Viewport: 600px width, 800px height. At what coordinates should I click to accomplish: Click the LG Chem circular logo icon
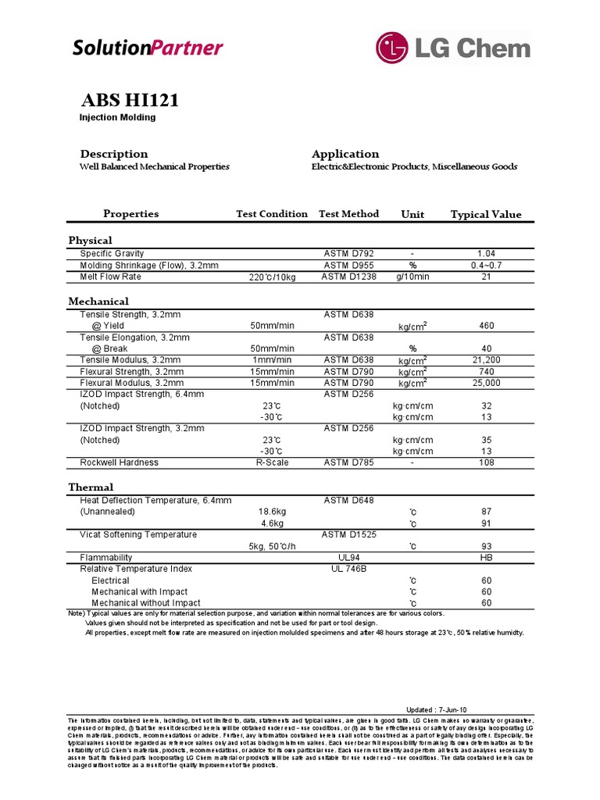point(394,47)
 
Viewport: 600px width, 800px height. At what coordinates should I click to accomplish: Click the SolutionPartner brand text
point(148,48)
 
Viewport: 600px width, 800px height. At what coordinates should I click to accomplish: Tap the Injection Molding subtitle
point(117,117)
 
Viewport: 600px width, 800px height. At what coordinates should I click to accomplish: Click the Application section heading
point(345,154)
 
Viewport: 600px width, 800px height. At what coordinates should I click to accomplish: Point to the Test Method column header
point(348,214)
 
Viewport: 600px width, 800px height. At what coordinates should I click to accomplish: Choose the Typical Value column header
point(486,214)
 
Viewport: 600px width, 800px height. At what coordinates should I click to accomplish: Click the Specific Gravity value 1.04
point(486,254)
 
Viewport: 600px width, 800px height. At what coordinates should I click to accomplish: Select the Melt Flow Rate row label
point(110,276)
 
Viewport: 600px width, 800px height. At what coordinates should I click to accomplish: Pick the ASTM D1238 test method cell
point(348,277)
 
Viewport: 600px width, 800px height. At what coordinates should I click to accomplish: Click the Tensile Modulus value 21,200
point(486,359)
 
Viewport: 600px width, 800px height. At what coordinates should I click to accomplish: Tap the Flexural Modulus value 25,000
point(486,383)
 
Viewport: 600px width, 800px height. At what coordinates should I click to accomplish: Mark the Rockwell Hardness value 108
point(486,462)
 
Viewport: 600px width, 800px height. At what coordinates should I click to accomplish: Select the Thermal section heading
point(91,487)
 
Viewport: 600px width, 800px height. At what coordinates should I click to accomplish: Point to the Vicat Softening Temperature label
point(138,534)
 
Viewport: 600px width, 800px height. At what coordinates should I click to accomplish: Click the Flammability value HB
point(486,558)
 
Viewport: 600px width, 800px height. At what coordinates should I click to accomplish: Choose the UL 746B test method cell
point(348,569)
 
